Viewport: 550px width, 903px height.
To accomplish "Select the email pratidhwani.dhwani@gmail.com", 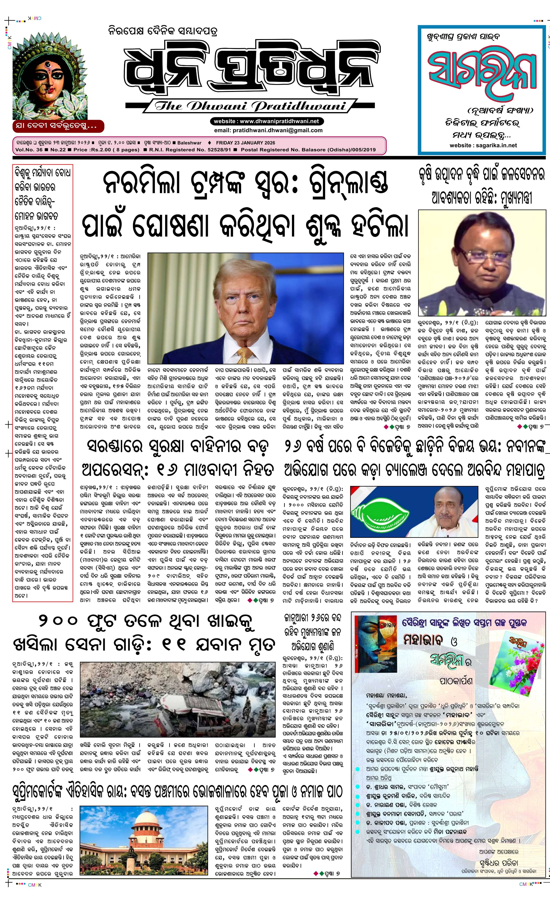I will point(268,130).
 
